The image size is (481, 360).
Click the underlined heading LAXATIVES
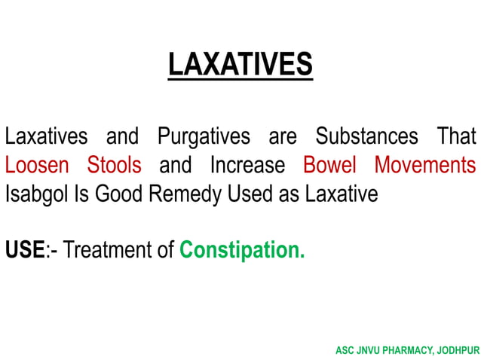(x=240, y=65)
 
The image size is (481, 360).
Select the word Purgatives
(x=204, y=138)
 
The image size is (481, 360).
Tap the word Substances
(x=366, y=137)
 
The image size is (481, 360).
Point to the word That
(x=457, y=137)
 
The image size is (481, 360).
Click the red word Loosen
(x=37, y=165)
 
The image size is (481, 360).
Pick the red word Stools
(x=114, y=165)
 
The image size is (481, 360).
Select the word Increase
(x=247, y=165)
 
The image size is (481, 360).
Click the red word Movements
(x=425, y=165)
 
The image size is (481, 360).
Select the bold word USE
(x=24, y=249)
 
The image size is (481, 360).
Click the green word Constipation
(x=241, y=249)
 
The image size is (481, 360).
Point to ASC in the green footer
(x=345, y=351)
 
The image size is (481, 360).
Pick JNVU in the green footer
(x=369, y=351)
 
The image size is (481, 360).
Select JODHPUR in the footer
(x=457, y=351)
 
